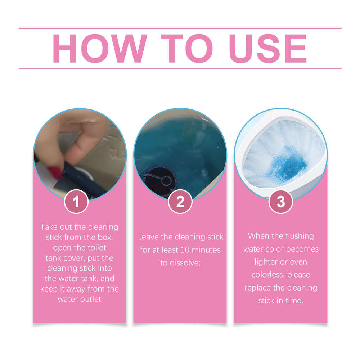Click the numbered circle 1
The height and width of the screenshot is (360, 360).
coord(76,202)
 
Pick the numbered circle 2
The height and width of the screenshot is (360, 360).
coord(180,202)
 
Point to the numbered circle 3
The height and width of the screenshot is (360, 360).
coord(281,202)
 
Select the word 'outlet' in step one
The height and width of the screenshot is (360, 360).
coord(90,299)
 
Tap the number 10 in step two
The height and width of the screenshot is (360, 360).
coord(186,249)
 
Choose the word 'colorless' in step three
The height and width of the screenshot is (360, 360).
coord(265,275)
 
